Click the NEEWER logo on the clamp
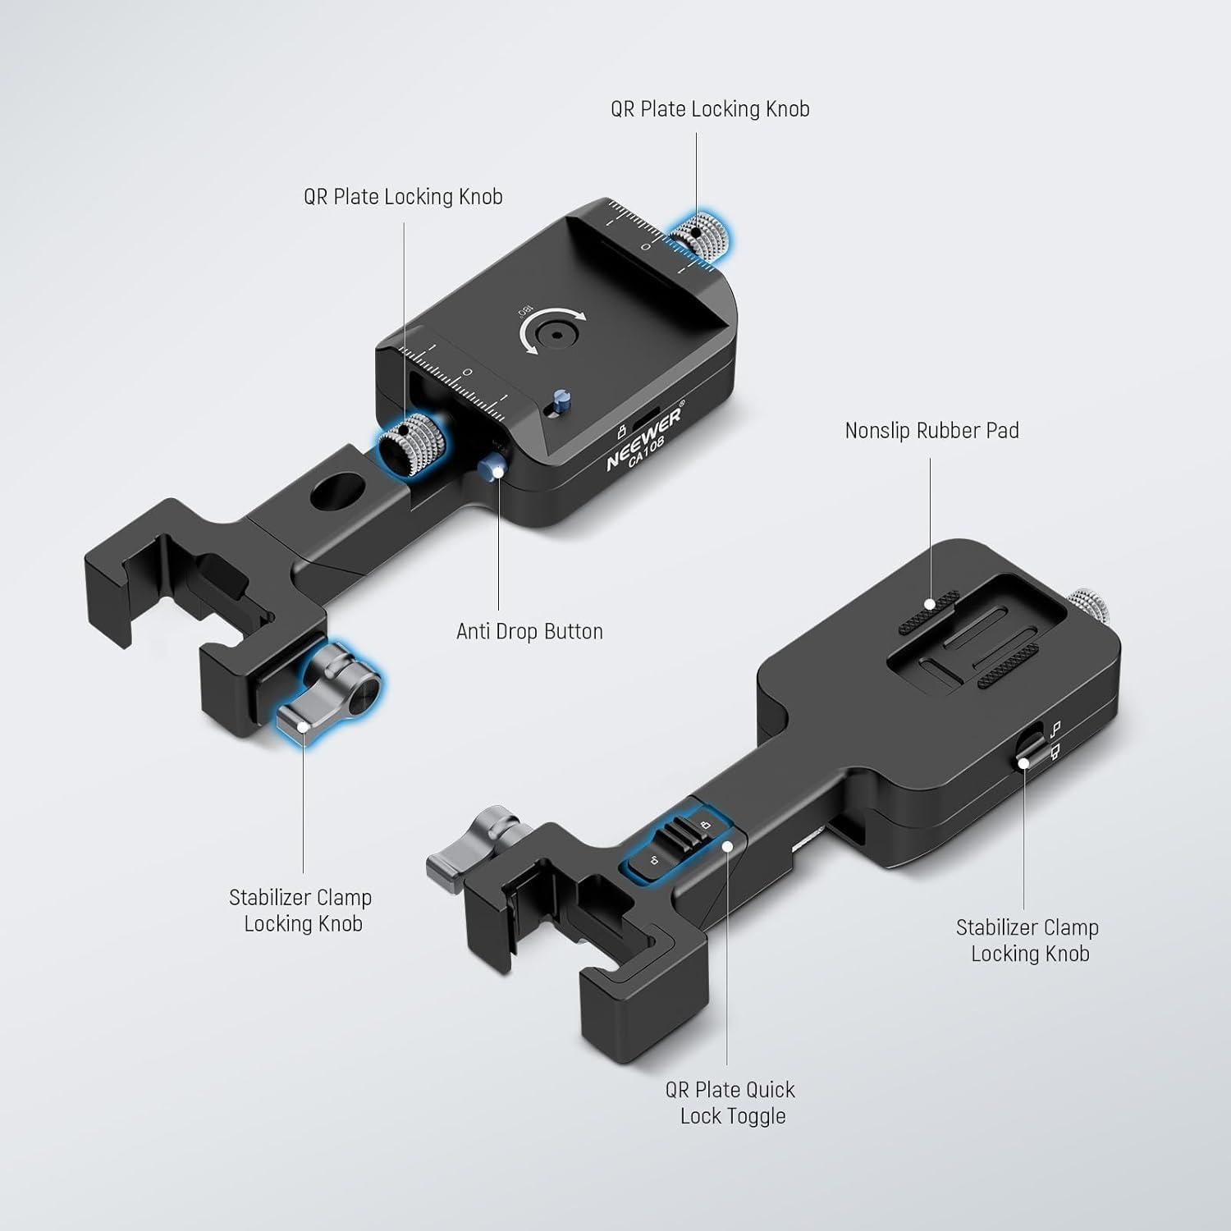pyautogui.click(x=644, y=438)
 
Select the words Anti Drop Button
pyautogui.click(x=529, y=631)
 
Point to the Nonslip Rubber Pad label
pyautogui.click(x=931, y=430)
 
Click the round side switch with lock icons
pyautogui.click(x=1027, y=748)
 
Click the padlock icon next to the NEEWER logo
pyautogui.click(x=621, y=428)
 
